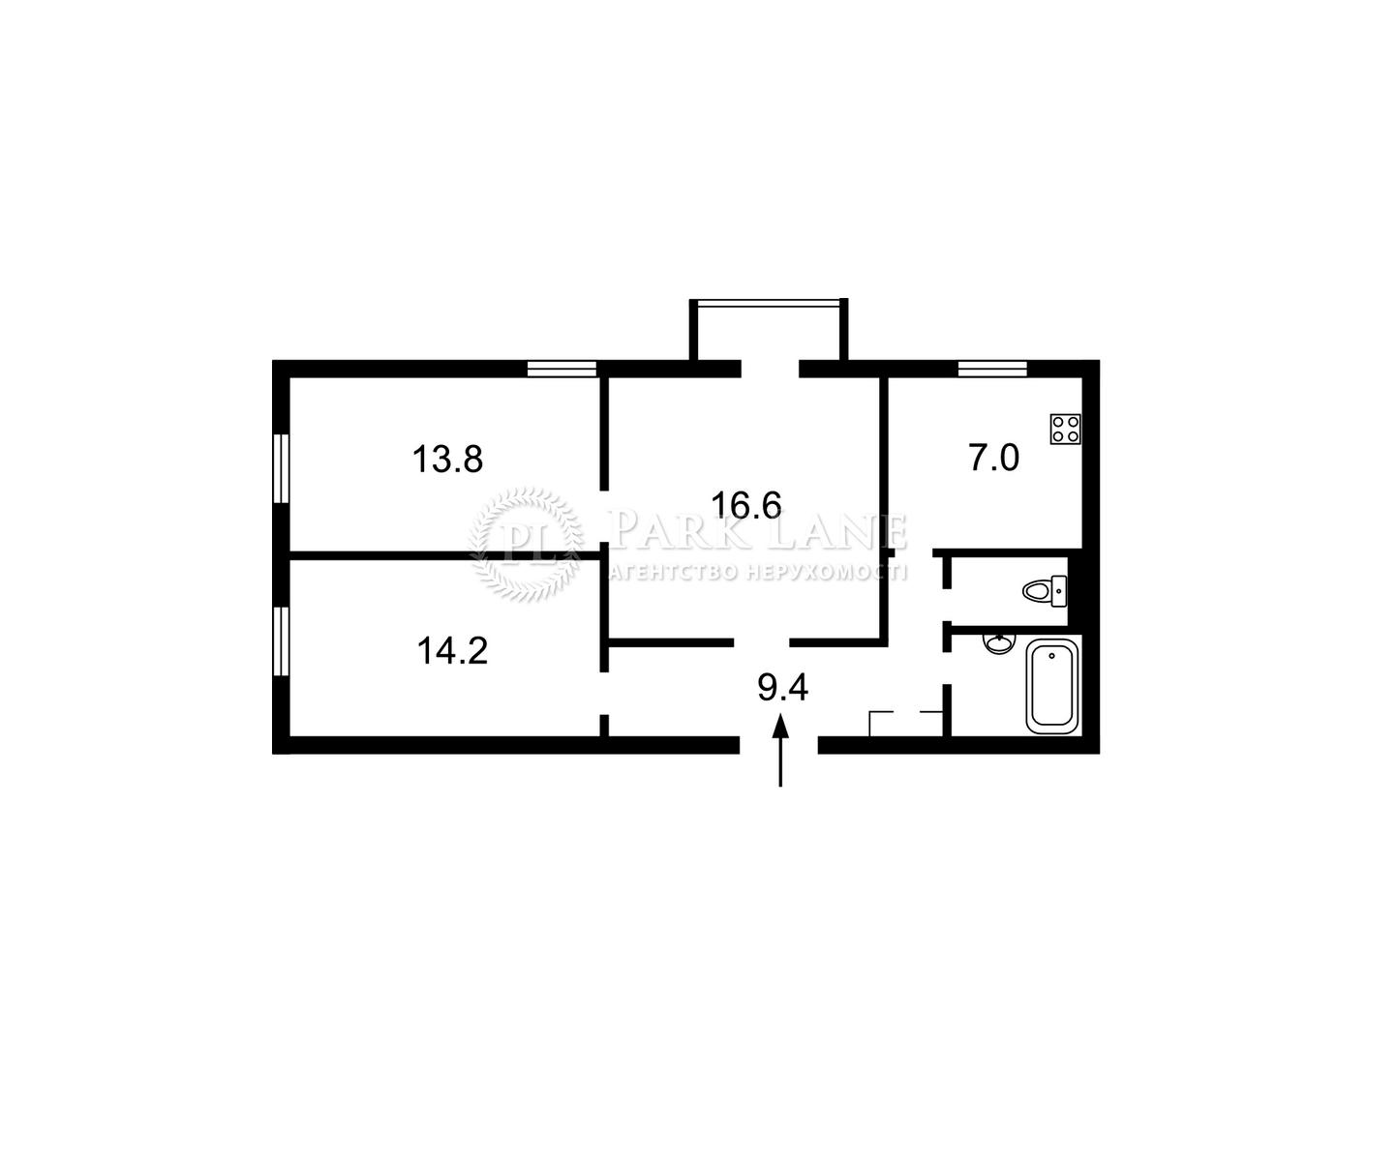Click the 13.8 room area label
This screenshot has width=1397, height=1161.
click(x=447, y=460)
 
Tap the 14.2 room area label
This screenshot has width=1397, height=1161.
click(x=452, y=651)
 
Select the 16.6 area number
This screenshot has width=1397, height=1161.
click(x=746, y=505)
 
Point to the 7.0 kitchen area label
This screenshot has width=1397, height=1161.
click(x=994, y=459)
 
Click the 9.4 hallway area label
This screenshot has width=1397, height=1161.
click(x=783, y=687)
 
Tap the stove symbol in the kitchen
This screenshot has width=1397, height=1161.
click(x=1065, y=429)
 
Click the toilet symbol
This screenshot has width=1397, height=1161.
click(x=1045, y=590)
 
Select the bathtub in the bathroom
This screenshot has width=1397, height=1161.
click(x=1052, y=686)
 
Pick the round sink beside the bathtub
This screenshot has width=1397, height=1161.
click(x=999, y=643)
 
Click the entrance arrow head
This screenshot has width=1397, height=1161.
click(x=780, y=726)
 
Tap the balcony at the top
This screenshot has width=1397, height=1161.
click(x=769, y=330)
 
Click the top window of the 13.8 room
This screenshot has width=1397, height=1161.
click(x=562, y=369)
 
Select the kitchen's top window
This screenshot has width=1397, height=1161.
click(x=992, y=369)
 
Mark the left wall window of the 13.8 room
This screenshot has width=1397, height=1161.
click(x=281, y=467)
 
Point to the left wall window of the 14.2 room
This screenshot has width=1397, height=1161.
click(x=281, y=640)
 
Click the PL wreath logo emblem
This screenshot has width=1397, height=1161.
click(x=526, y=544)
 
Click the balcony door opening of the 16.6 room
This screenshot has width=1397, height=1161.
click(x=770, y=369)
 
